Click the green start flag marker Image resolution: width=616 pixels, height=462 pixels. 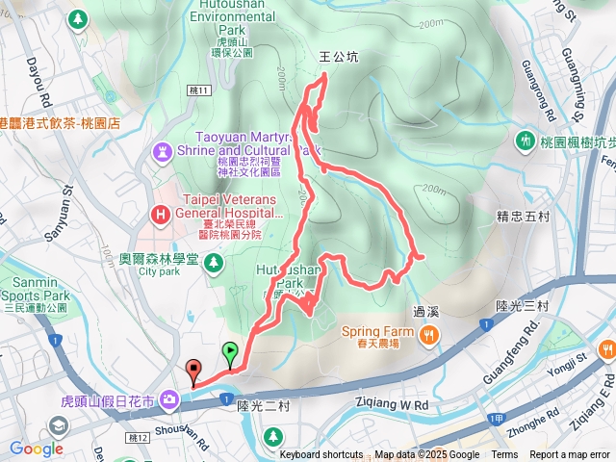click(230, 352)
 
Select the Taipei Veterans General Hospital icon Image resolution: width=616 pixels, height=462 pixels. click(162, 214)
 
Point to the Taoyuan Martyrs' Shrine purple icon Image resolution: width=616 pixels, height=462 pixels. click(162, 151)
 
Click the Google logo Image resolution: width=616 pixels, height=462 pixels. click(37, 449)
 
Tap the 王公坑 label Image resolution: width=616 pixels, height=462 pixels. click(338, 58)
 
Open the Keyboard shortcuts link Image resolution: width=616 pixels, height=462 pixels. click(321, 455)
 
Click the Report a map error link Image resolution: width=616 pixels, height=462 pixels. click(570, 455)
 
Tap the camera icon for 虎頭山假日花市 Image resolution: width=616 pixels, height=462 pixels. click(169, 398)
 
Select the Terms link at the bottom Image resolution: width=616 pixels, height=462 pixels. click(504, 455)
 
